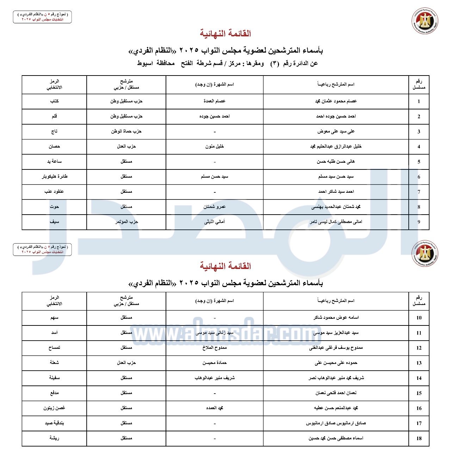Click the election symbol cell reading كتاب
[x=54, y=101]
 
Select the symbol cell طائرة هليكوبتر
[x=54, y=176]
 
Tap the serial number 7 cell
[x=419, y=192]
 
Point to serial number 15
[x=419, y=393]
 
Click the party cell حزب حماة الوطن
[x=126, y=131]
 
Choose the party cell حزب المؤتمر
[x=126, y=222]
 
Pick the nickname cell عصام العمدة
[x=214, y=101]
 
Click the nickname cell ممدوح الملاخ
[x=214, y=348]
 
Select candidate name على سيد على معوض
[x=335, y=131]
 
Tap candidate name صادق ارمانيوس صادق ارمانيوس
[x=335, y=423]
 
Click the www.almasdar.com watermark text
[x=225, y=334]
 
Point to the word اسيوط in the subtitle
[x=145, y=64]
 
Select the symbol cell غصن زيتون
[x=54, y=408]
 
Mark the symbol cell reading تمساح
[x=54, y=348]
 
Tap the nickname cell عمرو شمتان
[x=214, y=206]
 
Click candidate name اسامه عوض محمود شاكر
[x=335, y=318]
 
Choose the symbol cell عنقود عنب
[x=54, y=192]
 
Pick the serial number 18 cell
[x=419, y=438]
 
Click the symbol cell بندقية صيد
[x=54, y=423]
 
